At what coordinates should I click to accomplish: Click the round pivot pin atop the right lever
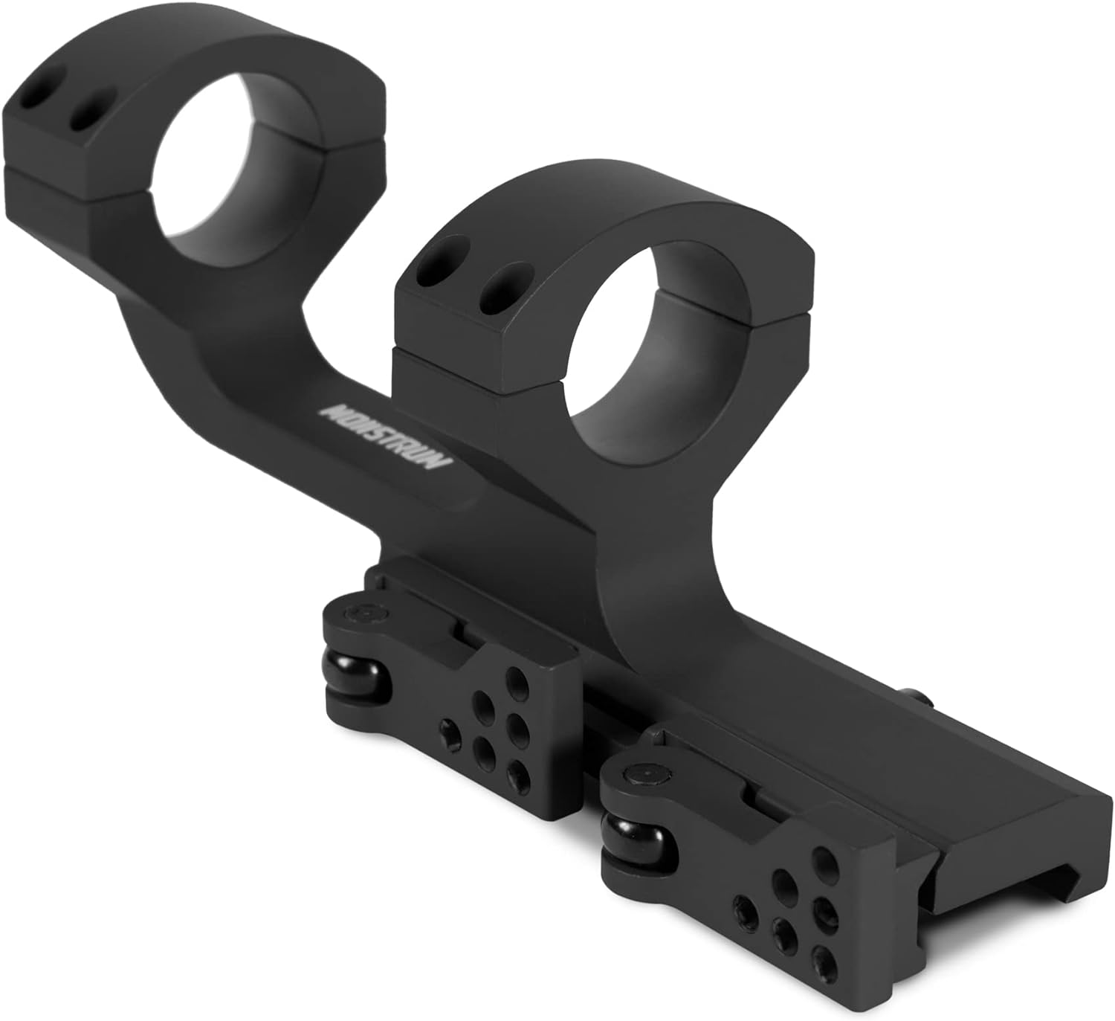pos(641,776)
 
